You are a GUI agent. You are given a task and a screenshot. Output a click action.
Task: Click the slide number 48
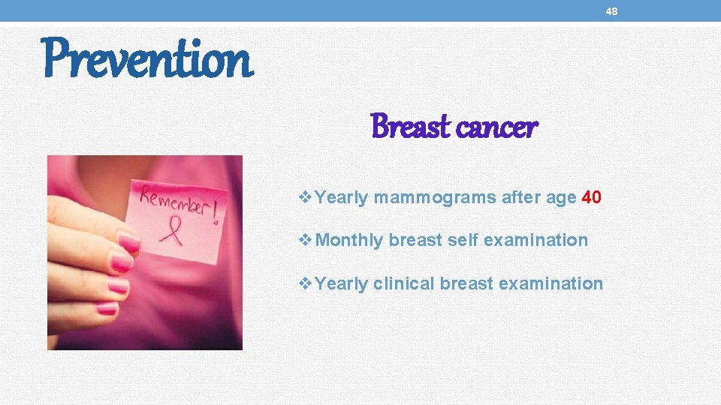coord(611,11)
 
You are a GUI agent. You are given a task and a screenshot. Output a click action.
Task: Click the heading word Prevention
coord(147,60)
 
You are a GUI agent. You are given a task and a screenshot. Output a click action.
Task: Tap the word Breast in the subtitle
coord(410,127)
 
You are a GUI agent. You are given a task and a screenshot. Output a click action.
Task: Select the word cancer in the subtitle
coord(496,127)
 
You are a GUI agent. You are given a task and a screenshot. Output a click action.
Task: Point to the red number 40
coord(591,198)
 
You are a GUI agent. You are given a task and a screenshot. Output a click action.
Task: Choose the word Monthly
coord(350,241)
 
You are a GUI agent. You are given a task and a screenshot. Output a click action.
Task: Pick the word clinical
coord(404,283)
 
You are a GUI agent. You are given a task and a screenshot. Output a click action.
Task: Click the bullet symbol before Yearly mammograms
coord(305,198)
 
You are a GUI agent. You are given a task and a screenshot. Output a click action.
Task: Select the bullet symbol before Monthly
coord(305,241)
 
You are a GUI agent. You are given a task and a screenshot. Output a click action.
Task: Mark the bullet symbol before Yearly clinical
coord(305,283)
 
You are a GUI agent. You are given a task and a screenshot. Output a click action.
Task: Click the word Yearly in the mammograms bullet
coord(342,198)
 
